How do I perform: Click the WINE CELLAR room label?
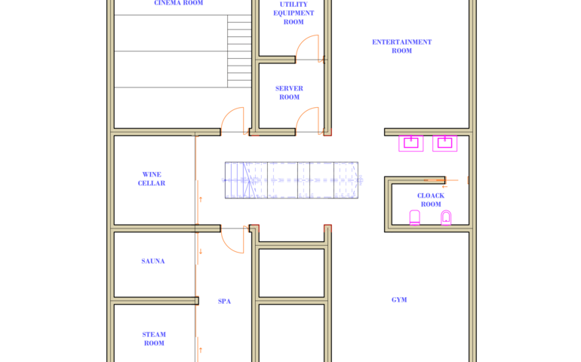coord(152,179)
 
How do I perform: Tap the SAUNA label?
coord(153,261)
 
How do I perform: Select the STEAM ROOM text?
coord(154,339)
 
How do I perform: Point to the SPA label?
coord(224,301)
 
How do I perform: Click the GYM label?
coord(399,299)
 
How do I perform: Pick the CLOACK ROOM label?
coord(431,200)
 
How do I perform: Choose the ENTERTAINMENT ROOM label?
coord(402,46)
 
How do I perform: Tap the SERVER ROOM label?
coord(289,93)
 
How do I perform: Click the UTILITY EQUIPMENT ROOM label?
coord(294,13)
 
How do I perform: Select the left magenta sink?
coord(411,143)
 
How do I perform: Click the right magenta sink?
coord(444,143)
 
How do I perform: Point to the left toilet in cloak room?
coord(415,217)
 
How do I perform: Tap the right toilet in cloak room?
coord(446,217)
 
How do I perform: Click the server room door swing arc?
coord(303,114)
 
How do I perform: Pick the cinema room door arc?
coord(228,114)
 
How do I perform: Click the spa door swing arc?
coord(228,247)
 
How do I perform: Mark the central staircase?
coord(291,180)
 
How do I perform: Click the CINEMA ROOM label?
coord(179,3)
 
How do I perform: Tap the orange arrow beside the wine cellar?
coord(201,199)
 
